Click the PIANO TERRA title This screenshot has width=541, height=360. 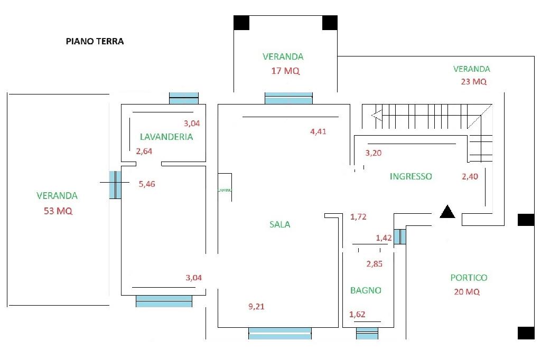pos(95,41)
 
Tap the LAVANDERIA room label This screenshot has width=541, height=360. pos(166,137)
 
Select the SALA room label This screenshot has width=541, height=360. pos(280,224)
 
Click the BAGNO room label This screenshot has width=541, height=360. pos(366,290)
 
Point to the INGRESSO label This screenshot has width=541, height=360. pos(411,177)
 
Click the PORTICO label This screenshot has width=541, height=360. pos(469,278)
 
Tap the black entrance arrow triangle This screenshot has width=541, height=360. pos(447,212)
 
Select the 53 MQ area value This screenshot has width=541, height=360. pos(58,211)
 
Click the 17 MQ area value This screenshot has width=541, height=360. pos(285,71)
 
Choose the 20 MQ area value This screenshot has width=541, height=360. pos(467,292)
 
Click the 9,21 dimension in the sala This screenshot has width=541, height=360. pos(256,307)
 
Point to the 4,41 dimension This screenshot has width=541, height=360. pos(318,131)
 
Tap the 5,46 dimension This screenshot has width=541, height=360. pos(147,184)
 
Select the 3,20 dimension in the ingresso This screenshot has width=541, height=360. pos(374,154)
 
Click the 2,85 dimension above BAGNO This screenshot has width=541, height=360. pos(374,264)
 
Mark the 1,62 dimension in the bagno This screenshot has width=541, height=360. pos(357,315)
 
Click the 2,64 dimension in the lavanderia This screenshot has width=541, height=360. pos(144,152)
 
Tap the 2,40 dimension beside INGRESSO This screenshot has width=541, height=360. pos(470,177)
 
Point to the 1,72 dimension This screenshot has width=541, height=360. pos(358,216)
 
